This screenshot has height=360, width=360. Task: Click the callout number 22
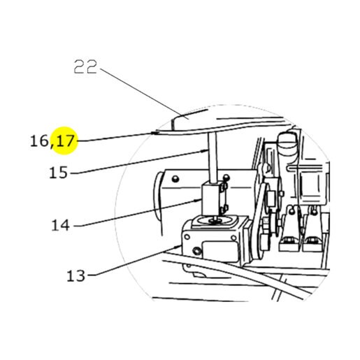pos(85,67)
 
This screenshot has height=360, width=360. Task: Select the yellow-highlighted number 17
pos(66,141)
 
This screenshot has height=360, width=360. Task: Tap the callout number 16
pos(39,141)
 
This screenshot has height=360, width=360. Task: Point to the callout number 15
pos(58,173)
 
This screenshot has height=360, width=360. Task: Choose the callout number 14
pos(60,225)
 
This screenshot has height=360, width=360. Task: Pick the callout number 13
pos(76,275)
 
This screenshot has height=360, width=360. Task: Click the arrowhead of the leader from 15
pos(206,151)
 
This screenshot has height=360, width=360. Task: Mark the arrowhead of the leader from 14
pos(199,200)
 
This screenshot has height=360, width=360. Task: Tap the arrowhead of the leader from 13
pos(178,246)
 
